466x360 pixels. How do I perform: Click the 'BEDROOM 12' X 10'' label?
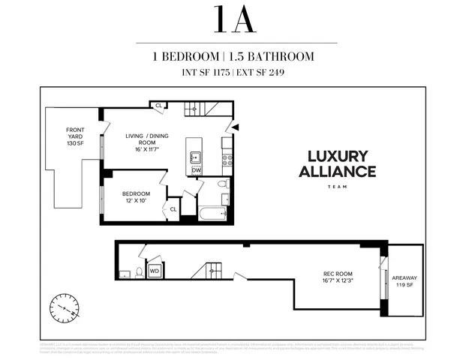(137, 196)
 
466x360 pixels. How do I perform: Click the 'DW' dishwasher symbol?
(196, 170)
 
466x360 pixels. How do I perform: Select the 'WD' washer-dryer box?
(155, 270)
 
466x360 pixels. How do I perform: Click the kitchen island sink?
(195, 157)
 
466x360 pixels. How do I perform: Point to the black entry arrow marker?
(235, 127)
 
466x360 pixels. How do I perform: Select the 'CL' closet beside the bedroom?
(173, 209)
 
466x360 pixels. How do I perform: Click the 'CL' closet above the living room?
(159, 106)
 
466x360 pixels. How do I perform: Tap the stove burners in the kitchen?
(227, 159)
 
